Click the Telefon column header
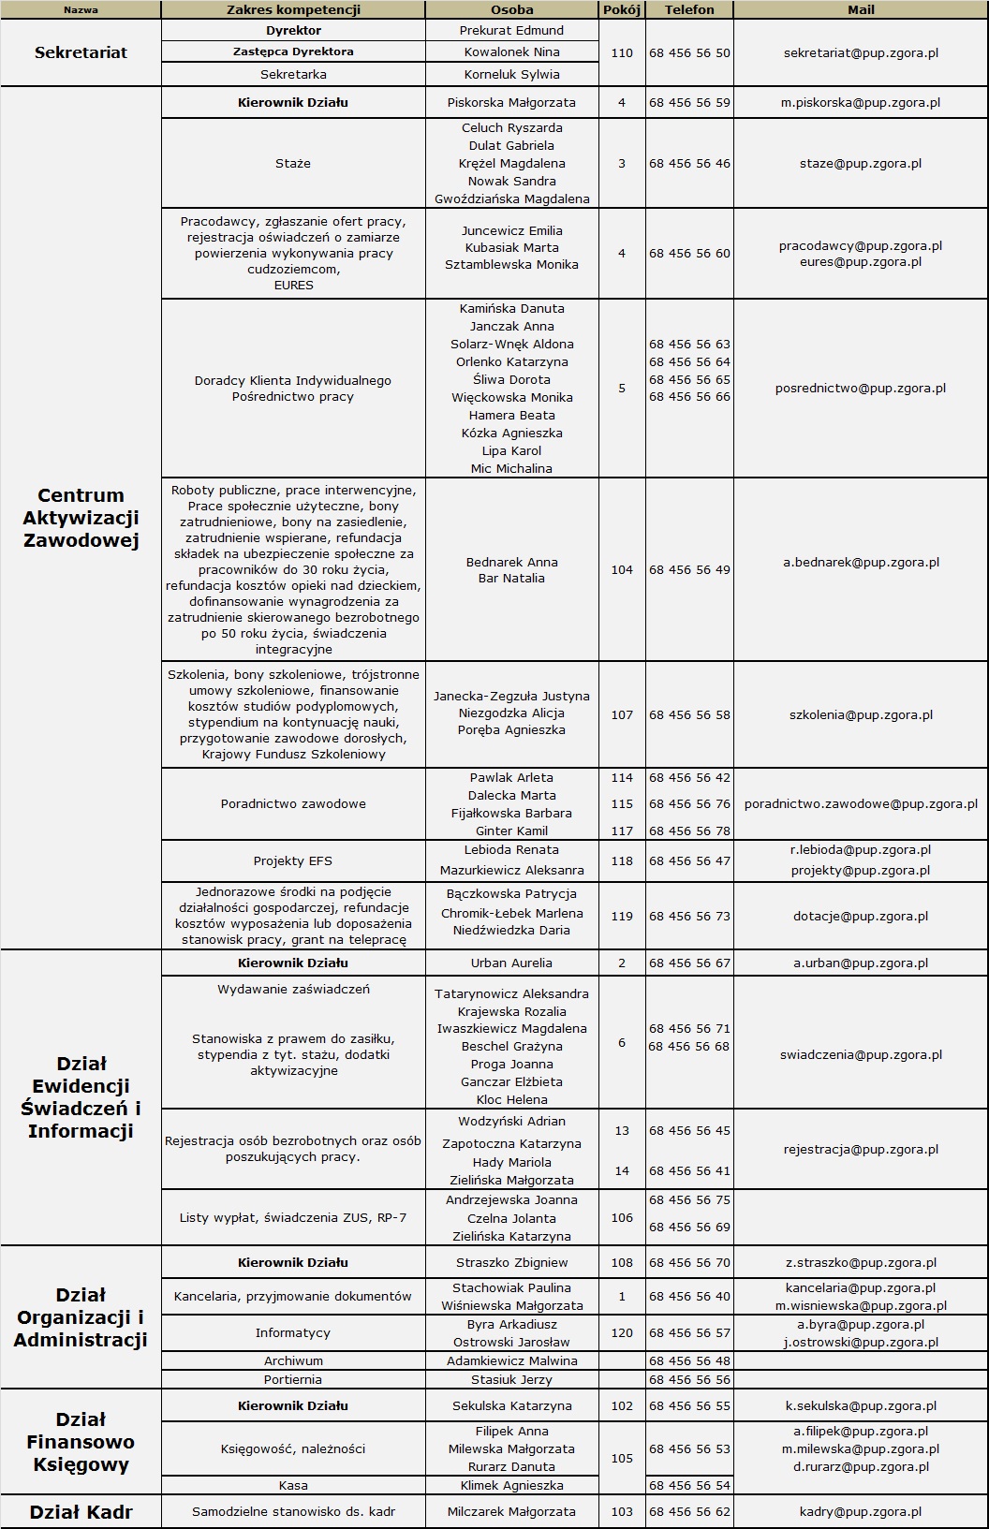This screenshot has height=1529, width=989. pos(689,9)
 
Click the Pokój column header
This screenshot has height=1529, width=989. pos(622,9)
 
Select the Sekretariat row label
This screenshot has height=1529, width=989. pos(81,52)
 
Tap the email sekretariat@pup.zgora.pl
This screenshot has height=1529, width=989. pos(861,52)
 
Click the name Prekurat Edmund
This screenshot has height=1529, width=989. pos(511,30)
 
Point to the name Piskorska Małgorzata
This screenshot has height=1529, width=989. pos(511,102)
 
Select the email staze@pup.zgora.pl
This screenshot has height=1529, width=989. pos(861,163)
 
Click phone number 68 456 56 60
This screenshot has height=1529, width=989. pos(689,253)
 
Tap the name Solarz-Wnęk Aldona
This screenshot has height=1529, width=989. pos(511,344)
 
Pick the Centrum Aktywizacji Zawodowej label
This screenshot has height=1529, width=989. pos(81,518)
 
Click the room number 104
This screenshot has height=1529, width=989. pos(622,569)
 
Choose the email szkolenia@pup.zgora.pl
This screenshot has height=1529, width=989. pos(861,714)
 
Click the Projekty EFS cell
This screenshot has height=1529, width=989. pos(293,860)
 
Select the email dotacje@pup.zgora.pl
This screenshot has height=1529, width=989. pos(861,916)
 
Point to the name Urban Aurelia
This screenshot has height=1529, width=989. pos(511,963)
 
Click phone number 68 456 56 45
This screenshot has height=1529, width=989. pos(689,1130)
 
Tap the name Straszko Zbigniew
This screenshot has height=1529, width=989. pos(511,1262)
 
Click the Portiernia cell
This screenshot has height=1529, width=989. pos(293,1379)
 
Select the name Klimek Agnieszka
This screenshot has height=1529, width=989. pos(511,1485)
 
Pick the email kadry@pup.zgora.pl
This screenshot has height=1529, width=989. pos(861,1511)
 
